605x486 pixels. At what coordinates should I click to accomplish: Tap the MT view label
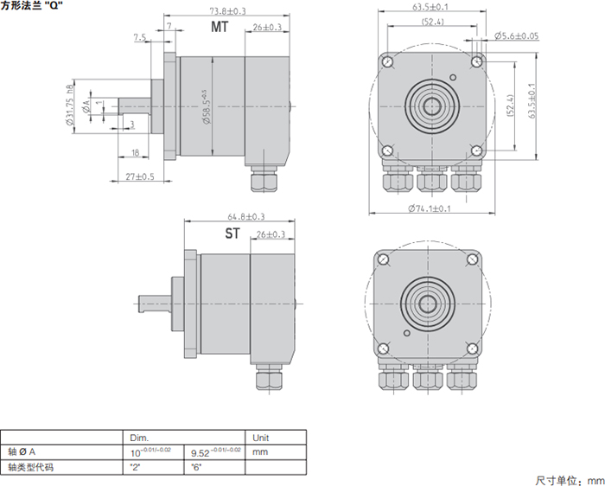(220, 28)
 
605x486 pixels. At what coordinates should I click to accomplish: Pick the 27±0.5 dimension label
(139, 176)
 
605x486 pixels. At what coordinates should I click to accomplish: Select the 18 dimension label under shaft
(136, 153)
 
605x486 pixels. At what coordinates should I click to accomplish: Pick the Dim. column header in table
(139, 438)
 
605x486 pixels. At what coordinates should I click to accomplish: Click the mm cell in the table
(260, 452)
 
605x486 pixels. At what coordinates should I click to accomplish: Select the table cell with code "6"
(197, 467)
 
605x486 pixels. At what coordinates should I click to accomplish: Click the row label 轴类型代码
(30, 467)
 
